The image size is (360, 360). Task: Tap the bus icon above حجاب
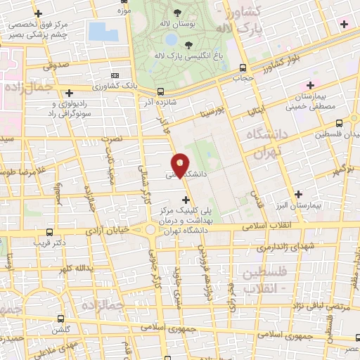pos(243,68)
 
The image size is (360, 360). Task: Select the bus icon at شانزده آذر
pos(161,91)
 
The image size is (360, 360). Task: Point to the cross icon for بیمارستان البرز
pos(300,194)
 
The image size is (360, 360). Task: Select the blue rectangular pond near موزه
pos(103,31)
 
